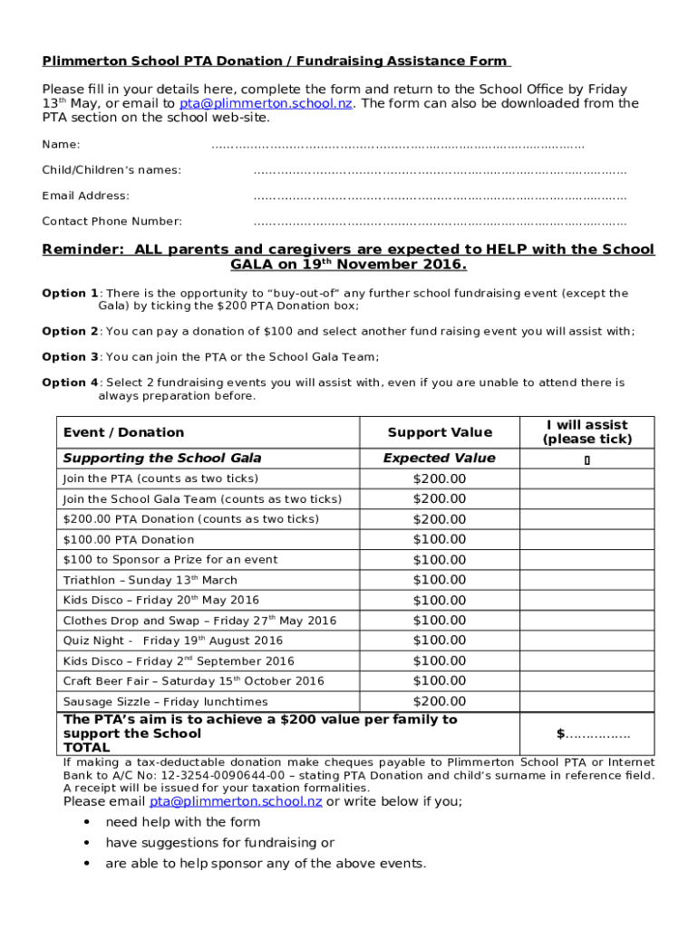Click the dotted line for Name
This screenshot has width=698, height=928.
click(397, 145)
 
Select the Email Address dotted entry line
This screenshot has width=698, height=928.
click(440, 196)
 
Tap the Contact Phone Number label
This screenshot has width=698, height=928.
click(111, 221)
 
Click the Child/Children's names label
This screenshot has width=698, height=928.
click(111, 170)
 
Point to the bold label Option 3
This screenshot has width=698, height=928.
click(70, 357)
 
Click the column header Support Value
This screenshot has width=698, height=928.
click(440, 432)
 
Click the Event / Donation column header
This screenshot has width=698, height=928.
click(123, 432)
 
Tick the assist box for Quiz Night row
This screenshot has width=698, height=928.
click(587, 641)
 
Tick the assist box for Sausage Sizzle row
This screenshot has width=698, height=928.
click(587, 701)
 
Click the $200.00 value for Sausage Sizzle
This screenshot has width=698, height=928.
click(440, 701)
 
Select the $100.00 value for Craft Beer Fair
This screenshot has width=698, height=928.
click(440, 681)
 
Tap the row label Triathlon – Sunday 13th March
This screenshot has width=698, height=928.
click(150, 580)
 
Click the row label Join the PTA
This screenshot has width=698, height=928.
click(160, 478)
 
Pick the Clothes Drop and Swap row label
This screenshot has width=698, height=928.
click(199, 621)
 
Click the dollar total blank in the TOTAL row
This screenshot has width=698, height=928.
click(593, 734)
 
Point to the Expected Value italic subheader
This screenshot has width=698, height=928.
click(440, 459)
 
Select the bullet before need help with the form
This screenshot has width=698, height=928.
click(86, 822)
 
